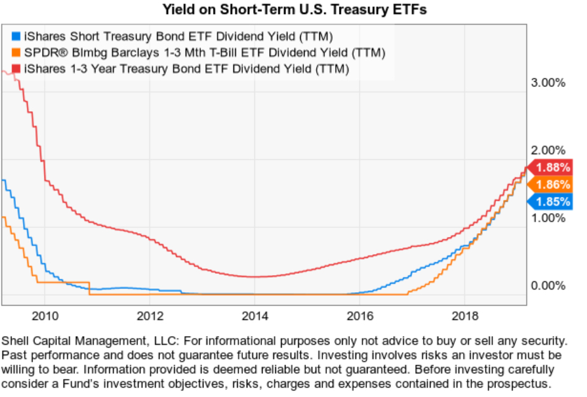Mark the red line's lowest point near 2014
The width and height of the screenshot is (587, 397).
coord(254,276)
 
